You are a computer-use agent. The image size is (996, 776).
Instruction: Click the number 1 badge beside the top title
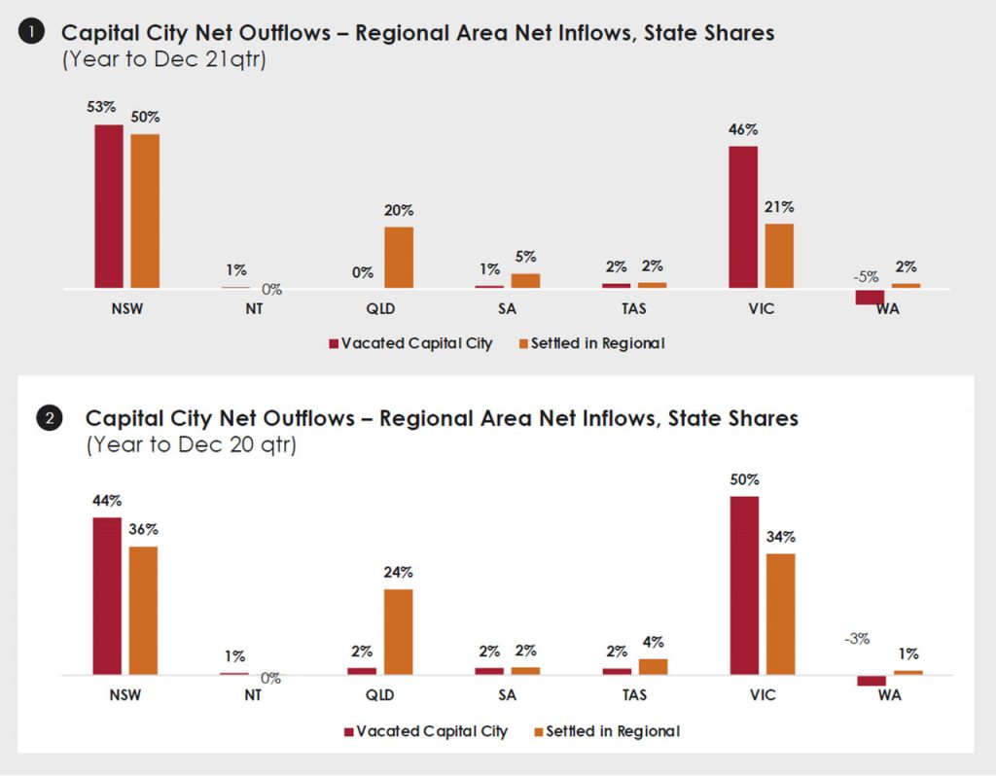tap(30, 33)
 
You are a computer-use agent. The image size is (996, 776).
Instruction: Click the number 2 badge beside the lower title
tap(49, 419)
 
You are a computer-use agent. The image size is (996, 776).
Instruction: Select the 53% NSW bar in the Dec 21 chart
tap(109, 206)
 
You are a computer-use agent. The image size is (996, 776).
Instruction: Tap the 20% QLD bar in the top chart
tap(399, 258)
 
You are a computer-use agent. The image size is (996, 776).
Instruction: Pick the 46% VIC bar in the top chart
tap(743, 217)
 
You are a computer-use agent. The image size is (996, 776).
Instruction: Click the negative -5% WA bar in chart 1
tap(871, 297)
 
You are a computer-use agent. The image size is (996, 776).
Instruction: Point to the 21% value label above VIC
tap(779, 207)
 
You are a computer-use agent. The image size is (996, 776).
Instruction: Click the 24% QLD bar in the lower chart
tap(399, 632)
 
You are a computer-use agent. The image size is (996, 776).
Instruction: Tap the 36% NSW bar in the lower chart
tap(143, 611)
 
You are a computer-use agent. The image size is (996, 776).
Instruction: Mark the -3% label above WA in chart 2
tap(857, 639)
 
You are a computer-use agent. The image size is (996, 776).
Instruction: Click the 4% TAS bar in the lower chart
tap(654, 666)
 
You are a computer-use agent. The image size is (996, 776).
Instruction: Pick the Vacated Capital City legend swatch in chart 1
tap(334, 343)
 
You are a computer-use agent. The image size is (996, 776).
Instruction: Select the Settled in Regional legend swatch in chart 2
tap(538, 730)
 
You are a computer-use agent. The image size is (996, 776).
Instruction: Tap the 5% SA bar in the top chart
tap(525, 281)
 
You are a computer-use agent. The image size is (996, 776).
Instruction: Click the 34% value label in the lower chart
tap(780, 537)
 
